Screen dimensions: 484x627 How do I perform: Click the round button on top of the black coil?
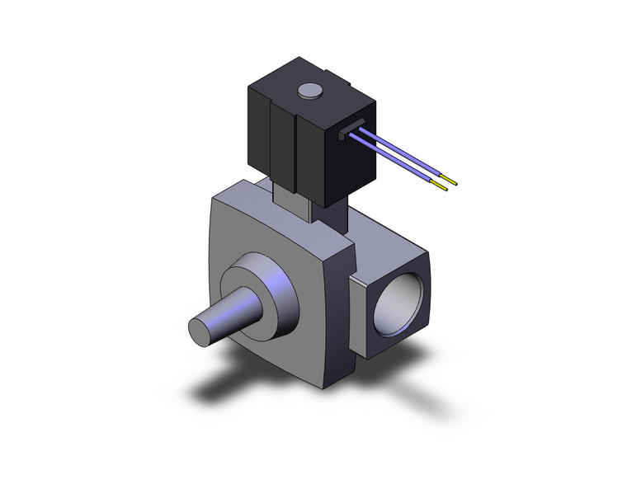coord(309,90)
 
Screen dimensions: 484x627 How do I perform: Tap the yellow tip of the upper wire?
coord(450,178)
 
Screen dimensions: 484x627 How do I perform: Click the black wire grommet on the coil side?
coord(353,129)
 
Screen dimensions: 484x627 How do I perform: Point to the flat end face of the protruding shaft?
coord(200,328)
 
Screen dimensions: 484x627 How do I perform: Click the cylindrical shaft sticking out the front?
coord(227,312)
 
